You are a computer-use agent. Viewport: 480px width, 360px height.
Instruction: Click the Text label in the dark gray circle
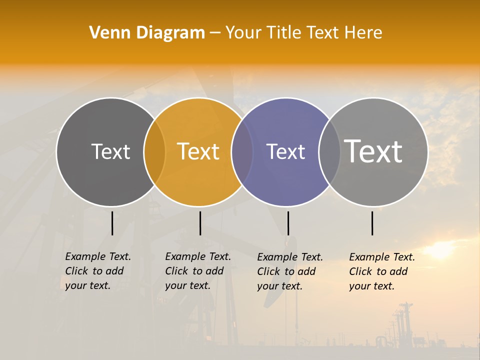pos(110,151)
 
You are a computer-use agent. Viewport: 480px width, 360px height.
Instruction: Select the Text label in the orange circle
pos(198,151)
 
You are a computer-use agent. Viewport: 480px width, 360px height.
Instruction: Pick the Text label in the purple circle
pos(285,151)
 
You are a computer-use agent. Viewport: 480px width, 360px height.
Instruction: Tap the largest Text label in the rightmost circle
pos(373,151)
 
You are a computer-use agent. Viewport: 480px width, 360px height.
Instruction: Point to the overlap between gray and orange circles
pos(154,152)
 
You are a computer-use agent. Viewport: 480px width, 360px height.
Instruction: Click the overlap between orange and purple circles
pos(242,152)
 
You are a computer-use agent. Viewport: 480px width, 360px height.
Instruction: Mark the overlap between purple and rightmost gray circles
pos(329,152)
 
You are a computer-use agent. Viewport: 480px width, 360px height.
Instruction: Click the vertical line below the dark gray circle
pos(112,223)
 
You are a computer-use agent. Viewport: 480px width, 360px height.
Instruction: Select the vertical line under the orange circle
pos(200,223)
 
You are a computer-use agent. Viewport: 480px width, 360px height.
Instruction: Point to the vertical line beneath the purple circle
pos(288,223)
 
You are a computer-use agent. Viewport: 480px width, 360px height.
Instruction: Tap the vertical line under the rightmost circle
pos(372,223)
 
